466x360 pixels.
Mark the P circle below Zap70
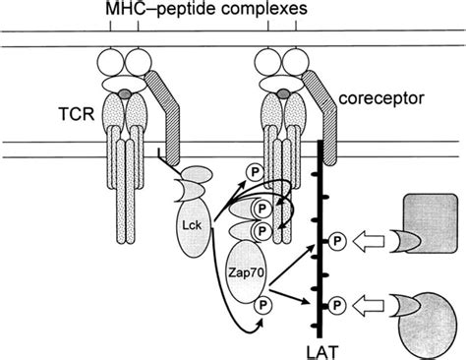(263, 307)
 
